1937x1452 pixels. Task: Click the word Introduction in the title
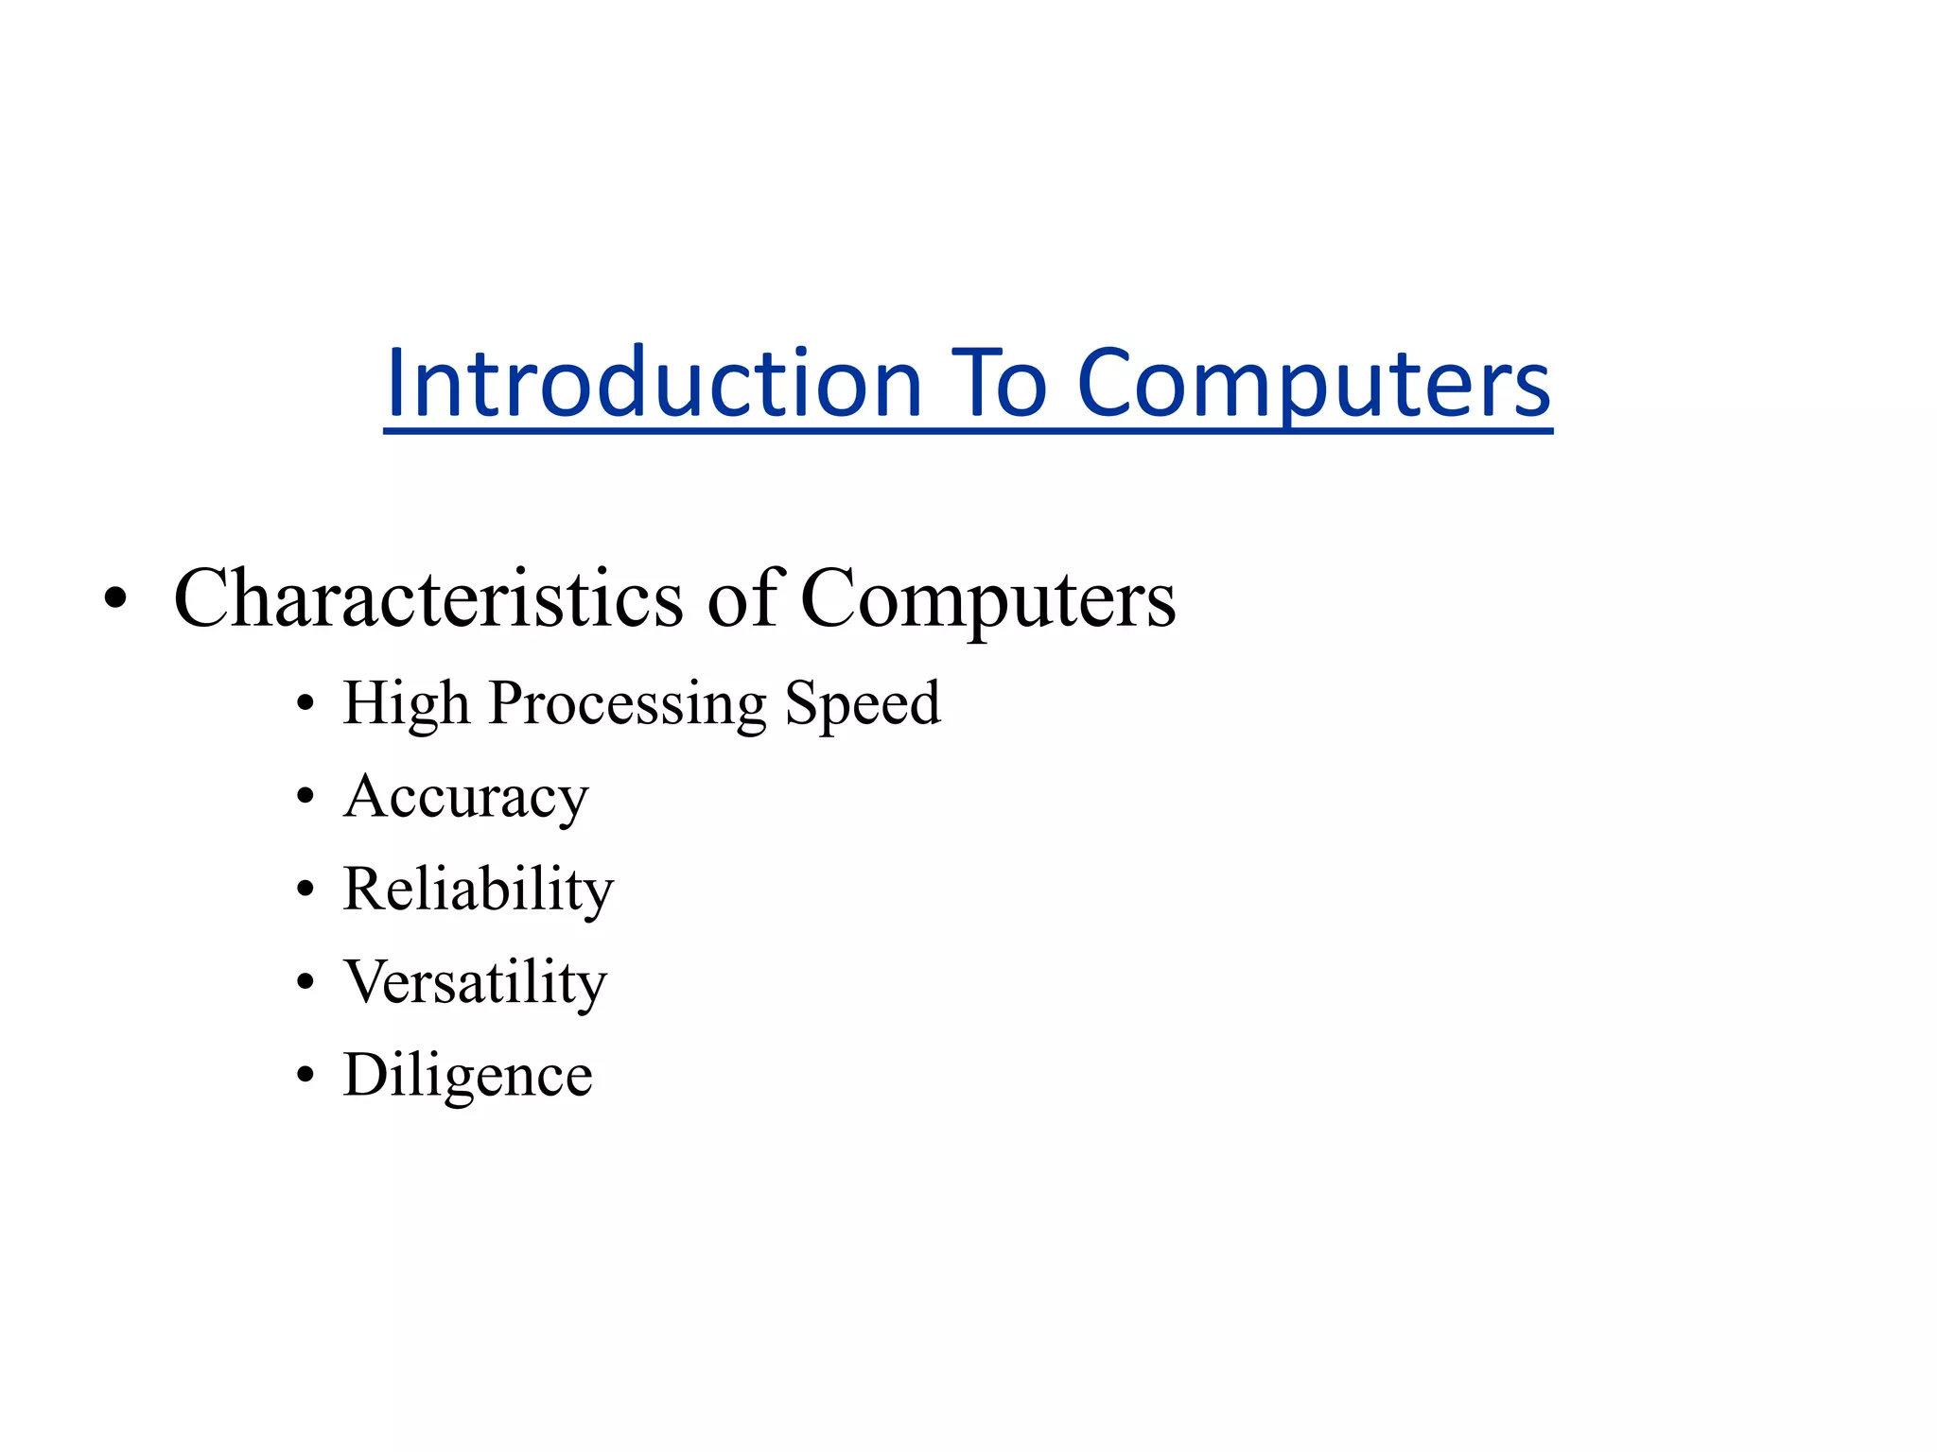(654, 383)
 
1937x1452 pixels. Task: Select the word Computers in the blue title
(1314, 383)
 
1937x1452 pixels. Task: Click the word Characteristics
(428, 598)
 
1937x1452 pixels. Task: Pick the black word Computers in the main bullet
(988, 598)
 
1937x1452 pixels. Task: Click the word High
(406, 703)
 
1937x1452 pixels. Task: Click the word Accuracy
(465, 797)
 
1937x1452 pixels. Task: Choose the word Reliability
(478, 890)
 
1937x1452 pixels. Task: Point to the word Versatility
(474, 982)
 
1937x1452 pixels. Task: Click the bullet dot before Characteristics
(115, 599)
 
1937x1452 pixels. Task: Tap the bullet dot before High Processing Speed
(305, 704)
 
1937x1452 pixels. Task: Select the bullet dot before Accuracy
(305, 798)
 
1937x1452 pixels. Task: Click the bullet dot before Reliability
(305, 890)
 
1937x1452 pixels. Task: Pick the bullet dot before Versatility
(305, 983)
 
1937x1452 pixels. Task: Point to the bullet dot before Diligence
(305, 1076)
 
